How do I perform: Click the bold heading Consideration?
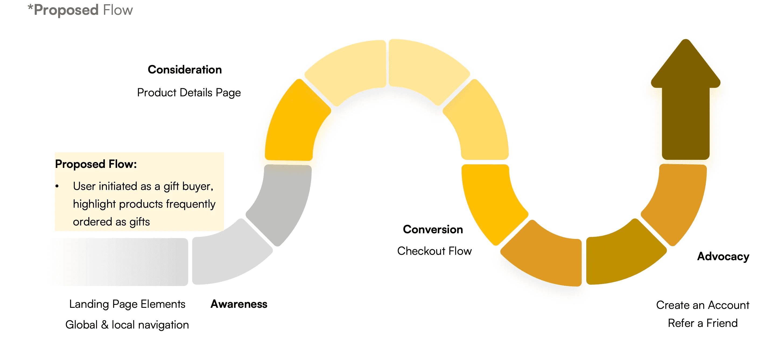tap(185, 70)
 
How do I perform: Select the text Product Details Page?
tap(189, 93)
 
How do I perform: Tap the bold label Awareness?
tap(238, 304)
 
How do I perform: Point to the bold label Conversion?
tap(433, 230)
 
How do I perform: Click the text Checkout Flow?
tap(434, 251)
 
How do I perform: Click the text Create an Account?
tap(703, 305)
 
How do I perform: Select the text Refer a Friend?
tap(703, 323)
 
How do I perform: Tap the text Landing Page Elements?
tap(127, 304)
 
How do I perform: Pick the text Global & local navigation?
tap(127, 325)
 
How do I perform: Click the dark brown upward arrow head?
tap(686, 66)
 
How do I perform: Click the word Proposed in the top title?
tap(66, 10)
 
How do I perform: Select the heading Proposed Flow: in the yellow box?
tap(96, 164)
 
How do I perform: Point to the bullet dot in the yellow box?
tap(57, 186)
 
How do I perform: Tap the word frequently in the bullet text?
tap(191, 204)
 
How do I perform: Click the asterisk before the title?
tap(30, 7)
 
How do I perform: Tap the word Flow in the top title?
tap(118, 10)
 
